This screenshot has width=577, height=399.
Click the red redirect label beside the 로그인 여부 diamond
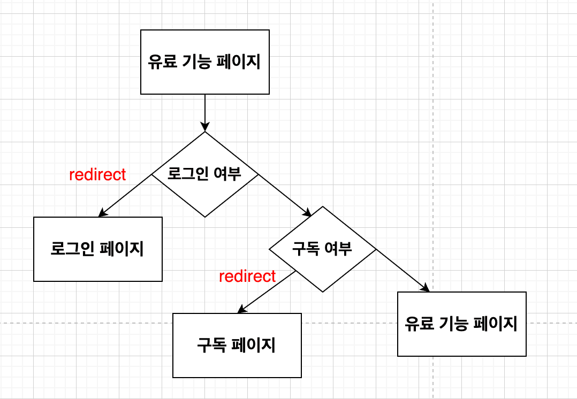click(97, 174)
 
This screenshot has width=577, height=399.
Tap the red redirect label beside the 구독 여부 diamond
click(247, 276)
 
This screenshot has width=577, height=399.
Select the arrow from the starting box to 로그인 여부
click(204, 112)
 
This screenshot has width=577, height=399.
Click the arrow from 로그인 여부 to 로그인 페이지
click(126, 196)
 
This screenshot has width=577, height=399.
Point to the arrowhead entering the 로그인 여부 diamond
click(204, 127)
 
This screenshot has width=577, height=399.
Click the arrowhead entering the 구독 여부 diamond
click(307, 213)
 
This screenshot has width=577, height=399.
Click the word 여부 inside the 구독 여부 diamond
click(338, 249)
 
